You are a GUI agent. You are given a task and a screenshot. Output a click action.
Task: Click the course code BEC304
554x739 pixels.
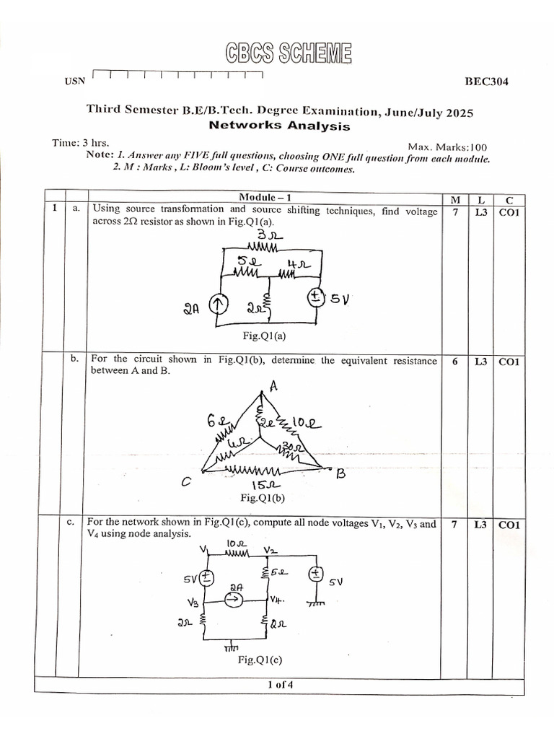pos(486,82)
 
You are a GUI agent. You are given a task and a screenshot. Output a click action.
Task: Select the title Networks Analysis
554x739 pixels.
pos(278,126)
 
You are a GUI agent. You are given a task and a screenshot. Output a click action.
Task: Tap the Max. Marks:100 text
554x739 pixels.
pos(447,147)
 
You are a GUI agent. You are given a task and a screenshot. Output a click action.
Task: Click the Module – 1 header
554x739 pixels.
pos(264,197)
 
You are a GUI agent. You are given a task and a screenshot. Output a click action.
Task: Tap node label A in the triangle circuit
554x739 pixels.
pos(273,386)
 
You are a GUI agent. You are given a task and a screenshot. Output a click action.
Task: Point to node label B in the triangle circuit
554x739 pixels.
pos(343,473)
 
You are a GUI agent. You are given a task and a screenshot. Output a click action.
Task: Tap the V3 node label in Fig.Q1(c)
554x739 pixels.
pos(193,601)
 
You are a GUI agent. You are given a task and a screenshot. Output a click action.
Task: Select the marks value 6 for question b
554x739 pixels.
pos(454,362)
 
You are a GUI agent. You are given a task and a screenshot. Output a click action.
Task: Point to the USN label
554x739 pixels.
pos(74,81)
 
